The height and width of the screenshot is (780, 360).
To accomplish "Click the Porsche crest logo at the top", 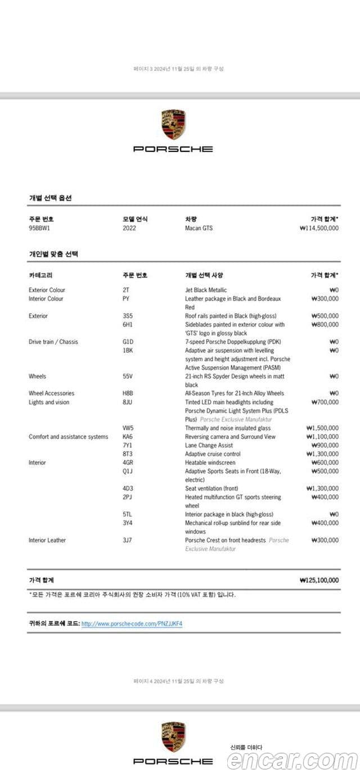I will (x=174, y=125).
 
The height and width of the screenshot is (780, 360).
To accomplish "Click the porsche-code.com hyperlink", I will (x=132, y=624).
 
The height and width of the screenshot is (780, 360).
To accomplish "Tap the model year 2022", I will (x=129, y=228).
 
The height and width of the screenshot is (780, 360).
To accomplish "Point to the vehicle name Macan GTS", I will (x=199, y=228).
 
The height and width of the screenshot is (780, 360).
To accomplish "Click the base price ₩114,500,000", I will (x=319, y=228).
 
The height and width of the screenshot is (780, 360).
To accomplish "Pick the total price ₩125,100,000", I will (x=319, y=580).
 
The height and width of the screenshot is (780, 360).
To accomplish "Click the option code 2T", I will (x=125, y=290).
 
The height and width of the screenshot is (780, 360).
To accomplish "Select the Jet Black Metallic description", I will (x=206, y=290).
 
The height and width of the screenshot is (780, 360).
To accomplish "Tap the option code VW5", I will (x=128, y=428).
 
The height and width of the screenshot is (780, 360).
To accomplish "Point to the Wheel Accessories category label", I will (x=51, y=393).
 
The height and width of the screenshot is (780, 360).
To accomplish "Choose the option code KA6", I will (x=127, y=437).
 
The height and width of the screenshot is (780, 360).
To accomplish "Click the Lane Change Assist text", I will (x=209, y=446).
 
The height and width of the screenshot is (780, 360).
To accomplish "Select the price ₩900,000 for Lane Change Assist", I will (x=325, y=446).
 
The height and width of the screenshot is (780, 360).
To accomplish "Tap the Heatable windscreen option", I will (x=210, y=463).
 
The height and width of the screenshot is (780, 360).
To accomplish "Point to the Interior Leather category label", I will (x=47, y=540).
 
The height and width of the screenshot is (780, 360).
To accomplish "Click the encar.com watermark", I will (x=291, y=760).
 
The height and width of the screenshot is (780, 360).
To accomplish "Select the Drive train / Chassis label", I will (x=53, y=342).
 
